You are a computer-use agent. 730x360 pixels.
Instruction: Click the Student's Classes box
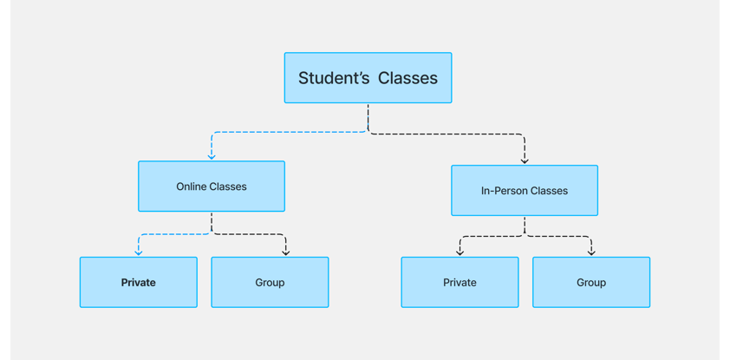(368, 78)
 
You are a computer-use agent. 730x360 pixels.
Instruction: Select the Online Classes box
(212, 187)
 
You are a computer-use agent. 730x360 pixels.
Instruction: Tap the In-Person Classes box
(525, 191)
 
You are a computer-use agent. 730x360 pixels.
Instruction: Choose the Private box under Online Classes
(138, 282)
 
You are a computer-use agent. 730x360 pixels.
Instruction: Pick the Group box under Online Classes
(270, 282)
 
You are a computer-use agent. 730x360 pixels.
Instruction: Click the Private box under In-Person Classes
(460, 282)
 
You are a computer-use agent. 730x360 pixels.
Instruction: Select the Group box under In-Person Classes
(591, 282)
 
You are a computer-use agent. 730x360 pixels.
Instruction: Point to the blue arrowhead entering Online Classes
(212, 157)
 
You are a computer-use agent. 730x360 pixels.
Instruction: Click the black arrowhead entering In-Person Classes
(525, 161)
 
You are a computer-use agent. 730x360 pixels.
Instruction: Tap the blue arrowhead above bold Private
(138, 253)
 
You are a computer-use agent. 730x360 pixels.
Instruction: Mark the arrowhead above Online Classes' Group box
(286, 253)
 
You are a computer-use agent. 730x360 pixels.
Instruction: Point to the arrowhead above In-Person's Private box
(460, 253)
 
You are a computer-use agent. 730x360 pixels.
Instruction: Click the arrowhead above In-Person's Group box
(591, 253)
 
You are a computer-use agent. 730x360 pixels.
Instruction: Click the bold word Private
(138, 283)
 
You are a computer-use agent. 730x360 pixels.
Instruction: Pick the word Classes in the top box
(407, 78)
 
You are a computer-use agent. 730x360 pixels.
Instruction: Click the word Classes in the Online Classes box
(228, 187)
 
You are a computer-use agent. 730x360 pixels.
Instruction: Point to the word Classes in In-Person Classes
(550, 191)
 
